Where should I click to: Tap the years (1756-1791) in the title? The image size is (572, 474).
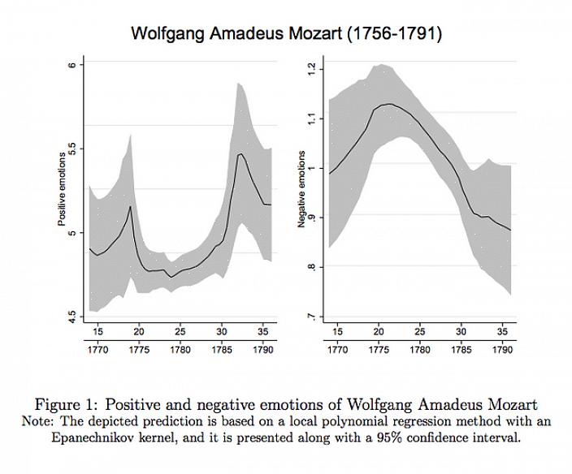[394, 34]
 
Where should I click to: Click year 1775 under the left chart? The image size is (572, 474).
[139, 350]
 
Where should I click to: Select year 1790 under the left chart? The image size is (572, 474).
[262, 350]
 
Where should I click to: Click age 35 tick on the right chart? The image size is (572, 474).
[503, 331]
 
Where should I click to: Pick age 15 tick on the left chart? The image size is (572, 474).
[97, 331]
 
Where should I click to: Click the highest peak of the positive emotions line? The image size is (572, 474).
[240, 153]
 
